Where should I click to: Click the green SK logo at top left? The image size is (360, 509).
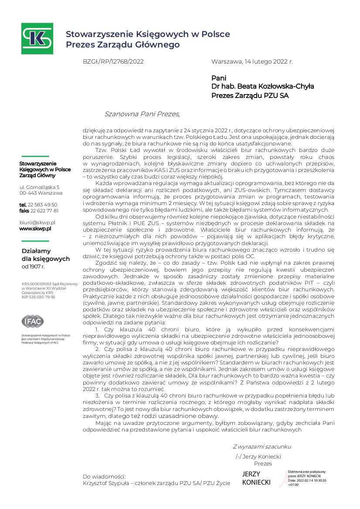coord(37,38)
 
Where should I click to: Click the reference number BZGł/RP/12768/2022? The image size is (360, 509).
coord(113,62)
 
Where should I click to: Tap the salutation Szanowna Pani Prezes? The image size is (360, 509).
coord(142,114)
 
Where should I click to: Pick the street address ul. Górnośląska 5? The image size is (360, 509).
coord(39,187)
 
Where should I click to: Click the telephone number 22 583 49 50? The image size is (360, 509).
coord(42,204)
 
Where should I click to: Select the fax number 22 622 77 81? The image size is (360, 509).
coord(44,210)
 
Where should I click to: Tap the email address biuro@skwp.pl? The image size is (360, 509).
coord(37,222)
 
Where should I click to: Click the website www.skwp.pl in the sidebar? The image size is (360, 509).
coord(35,228)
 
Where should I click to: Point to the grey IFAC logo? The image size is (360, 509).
coord(33,321)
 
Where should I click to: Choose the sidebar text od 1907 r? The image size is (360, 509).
coord(33,266)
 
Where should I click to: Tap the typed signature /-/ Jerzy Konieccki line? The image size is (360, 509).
coord(258,456)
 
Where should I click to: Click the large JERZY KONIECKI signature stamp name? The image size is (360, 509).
coord(256,478)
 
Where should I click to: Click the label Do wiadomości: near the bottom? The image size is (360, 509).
coord(104,476)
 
